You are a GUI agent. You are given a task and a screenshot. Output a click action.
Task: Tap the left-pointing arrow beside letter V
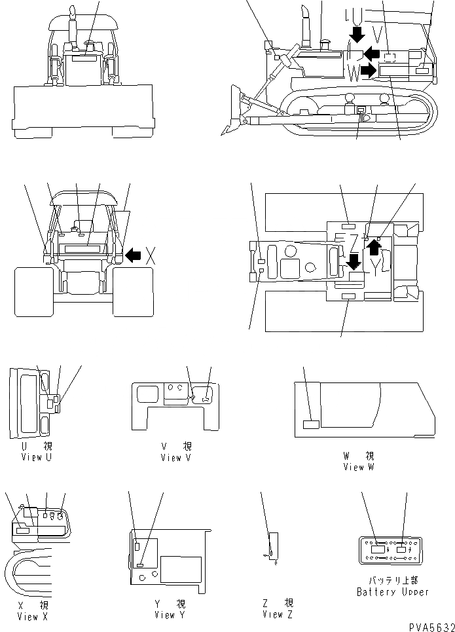pyautogui.click(x=373, y=52)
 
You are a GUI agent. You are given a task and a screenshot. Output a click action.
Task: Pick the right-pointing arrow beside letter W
pyautogui.click(x=370, y=71)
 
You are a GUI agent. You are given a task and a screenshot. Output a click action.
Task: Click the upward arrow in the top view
pyautogui.click(x=373, y=247)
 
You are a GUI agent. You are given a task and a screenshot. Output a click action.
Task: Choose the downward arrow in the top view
pyautogui.click(x=354, y=262)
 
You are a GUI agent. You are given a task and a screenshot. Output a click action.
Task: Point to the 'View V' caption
pyautogui.click(x=175, y=458)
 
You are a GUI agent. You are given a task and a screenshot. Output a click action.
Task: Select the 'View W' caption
pyautogui.click(x=358, y=467)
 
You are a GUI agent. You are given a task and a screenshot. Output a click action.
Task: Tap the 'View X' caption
pyautogui.click(x=32, y=616)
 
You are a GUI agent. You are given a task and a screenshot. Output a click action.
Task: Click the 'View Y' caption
pyautogui.click(x=170, y=615)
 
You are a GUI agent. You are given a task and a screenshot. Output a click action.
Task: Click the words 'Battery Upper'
pyautogui.click(x=393, y=591)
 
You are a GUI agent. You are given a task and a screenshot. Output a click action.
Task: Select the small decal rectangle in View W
pyautogui.click(x=311, y=424)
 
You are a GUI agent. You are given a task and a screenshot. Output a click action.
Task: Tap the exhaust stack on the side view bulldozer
pyautogui.click(x=304, y=26)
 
